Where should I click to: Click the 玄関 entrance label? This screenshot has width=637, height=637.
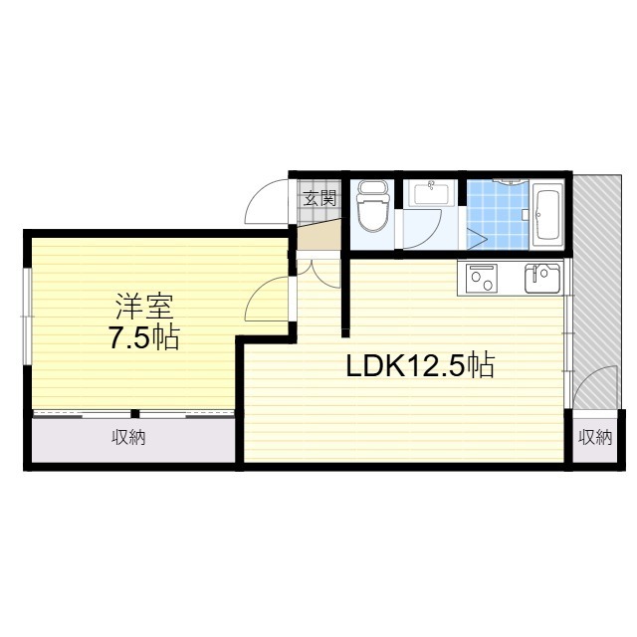[320, 199]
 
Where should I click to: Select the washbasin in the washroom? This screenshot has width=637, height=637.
[430, 194]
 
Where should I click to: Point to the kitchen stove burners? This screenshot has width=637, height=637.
[482, 279]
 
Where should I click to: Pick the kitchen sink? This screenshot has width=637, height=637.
[542, 279]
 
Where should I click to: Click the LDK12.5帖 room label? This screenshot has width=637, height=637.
[420, 365]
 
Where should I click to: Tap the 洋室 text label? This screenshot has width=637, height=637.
[144, 307]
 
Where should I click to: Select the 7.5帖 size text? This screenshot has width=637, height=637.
[143, 338]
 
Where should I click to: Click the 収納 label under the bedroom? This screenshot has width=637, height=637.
[128, 438]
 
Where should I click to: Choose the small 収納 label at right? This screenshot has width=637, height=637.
[595, 437]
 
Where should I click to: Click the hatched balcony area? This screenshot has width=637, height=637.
[596, 292]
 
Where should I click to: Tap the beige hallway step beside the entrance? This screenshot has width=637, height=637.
[318, 235]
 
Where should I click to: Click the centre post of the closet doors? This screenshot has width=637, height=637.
[135, 414]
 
